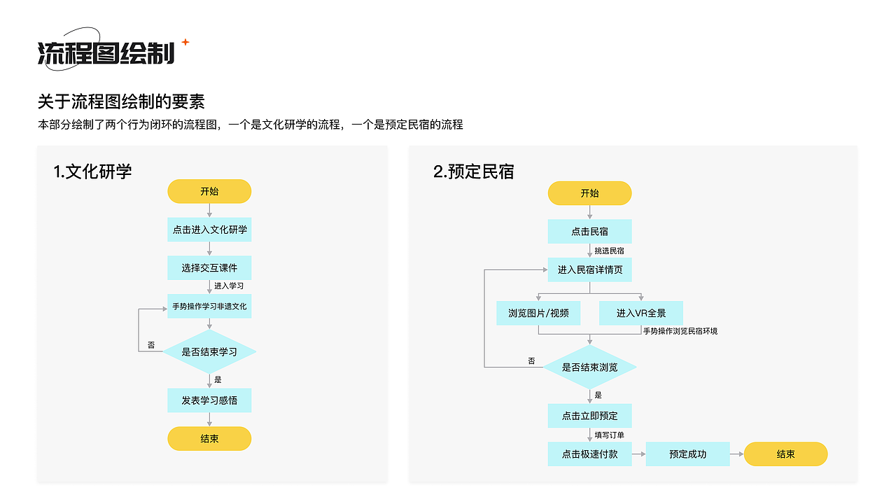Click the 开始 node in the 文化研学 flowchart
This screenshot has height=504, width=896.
tap(209, 191)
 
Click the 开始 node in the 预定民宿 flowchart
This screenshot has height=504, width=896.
tap(589, 193)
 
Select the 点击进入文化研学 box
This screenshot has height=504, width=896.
tap(209, 230)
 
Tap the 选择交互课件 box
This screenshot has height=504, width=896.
tap(209, 268)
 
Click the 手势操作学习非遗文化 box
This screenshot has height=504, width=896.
tap(209, 307)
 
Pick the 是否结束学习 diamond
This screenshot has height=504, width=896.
tap(209, 352)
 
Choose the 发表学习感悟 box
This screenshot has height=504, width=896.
tap(209, 400)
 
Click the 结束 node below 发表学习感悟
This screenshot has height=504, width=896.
tap(209, 439)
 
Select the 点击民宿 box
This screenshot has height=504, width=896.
tap(589, 232)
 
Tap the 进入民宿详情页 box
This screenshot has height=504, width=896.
tap(589, 269)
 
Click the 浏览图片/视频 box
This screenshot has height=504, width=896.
tap(538, 314)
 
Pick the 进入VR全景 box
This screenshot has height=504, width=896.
tap(640, 314)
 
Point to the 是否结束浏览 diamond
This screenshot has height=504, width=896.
tap(589, 367)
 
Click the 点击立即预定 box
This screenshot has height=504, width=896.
tap(589, 416)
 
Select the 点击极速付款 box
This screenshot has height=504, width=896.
tap(589, 454)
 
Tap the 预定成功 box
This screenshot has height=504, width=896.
tap(687, 454)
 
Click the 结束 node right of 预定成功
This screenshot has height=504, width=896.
tap(785, 454)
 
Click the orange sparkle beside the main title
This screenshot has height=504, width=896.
tap(185, 42)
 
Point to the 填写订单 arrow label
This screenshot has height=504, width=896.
tap(609, 435)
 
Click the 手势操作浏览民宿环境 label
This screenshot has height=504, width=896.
tap(680, 331)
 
